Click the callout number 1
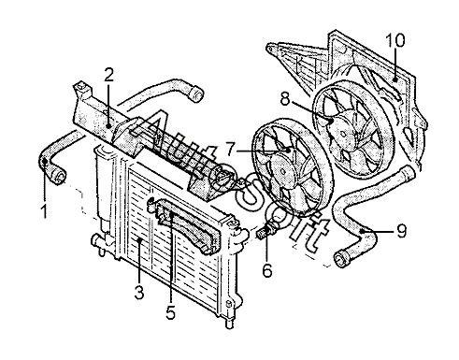(x=44, y=211)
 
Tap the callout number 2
(x=108, y=75)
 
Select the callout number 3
(x=139, y=292)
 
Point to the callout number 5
(x=170, y=311)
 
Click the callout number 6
(x=267, y=270)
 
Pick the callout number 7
(x=230, y=150)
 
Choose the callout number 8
(x=285, y=100)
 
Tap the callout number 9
(x=402, y=231)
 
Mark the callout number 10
(x=395, y=40)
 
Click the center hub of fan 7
(x=283, y=172)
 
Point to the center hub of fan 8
(x=343, y=134)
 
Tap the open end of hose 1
(x=59, y=176)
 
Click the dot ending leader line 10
(x=395, y=79)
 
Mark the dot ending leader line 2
(x=108, y=125)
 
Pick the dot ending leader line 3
(x=140, y=240)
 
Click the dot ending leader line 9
(x=362, y=231)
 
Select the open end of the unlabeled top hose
(x=196, y=94)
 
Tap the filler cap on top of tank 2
(x=81, y=86)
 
